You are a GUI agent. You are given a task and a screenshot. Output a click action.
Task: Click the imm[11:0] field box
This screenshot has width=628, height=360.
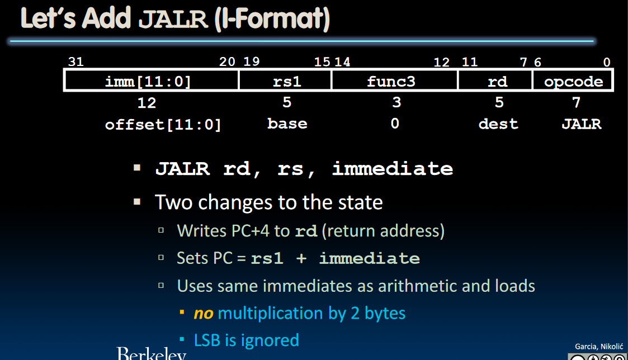tap(151, 80)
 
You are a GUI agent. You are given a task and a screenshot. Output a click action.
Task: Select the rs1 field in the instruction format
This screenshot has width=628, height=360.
tap(285, 80)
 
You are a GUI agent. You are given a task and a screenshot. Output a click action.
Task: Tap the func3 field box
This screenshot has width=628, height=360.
tap(394, 80)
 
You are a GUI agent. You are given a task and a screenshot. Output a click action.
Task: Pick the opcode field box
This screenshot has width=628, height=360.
tap(573, 80)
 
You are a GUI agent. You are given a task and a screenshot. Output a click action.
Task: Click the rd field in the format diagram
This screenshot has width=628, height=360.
tap(495, 80)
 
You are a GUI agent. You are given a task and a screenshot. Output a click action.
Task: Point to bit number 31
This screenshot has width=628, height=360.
tap(75, 61)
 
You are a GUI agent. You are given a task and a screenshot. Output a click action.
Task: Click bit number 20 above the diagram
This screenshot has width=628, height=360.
tap(227, 61)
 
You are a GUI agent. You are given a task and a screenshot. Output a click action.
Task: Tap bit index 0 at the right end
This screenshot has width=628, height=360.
tap(607, 62)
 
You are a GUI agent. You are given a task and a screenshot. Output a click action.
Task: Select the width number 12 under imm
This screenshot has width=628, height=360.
tap(147, 103)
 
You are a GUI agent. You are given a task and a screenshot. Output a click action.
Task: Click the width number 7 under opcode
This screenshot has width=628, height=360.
tap(577, 102)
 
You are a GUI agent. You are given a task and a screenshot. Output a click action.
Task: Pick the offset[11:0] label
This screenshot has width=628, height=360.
tap(163, 125)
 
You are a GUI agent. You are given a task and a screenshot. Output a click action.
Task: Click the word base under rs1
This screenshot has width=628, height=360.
tap(287, 124)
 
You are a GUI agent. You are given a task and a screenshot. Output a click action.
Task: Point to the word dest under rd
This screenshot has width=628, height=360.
tap(498, 124)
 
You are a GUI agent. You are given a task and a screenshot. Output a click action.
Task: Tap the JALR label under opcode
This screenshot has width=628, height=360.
tap(582, 124)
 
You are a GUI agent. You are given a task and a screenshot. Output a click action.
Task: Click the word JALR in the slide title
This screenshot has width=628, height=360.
tap(173, 20)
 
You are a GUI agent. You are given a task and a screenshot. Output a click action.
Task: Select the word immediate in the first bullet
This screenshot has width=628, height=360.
tap(393, 168)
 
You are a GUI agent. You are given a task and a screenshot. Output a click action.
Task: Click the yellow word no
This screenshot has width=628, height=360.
tap(204, 314)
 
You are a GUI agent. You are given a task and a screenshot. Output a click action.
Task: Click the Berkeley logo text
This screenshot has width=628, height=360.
tap(152, 353)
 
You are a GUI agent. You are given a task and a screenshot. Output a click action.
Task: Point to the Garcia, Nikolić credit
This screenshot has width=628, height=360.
tap(599, 347)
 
